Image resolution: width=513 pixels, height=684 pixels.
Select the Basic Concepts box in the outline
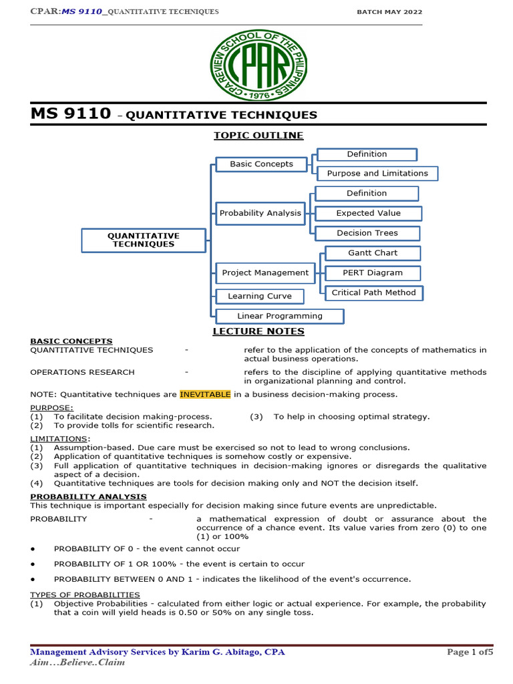[x=261, y=164]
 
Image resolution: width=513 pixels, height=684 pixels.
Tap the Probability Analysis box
[x=261, y=214]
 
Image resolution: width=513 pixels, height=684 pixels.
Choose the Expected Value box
[x=368, y=214]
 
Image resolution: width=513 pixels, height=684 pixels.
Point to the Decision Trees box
[x=367, y=234]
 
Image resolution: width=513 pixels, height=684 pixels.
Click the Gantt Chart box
[x=372, y=253]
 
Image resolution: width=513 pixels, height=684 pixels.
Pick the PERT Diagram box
[x=372, y=273]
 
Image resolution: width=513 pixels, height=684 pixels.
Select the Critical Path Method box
[x=373, y=293]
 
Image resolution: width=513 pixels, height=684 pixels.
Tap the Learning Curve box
[x=260, y=297]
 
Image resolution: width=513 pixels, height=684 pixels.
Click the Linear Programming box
[x=279, y=317]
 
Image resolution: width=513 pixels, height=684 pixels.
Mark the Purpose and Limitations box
[x=377, y=174]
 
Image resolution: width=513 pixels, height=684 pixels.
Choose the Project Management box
[x=265, y=273]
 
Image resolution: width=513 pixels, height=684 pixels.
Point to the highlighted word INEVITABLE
[x=205, y=394]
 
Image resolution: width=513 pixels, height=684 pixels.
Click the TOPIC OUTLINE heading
[x=258, y=136]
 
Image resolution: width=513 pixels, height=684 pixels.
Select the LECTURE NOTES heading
[x=258, y=331]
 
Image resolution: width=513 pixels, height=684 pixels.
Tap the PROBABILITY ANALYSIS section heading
[x=88, y=497]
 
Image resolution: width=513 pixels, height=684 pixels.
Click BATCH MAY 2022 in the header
[x=389, y=12]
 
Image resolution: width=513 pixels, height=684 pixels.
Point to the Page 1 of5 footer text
[x=469, y=652]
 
